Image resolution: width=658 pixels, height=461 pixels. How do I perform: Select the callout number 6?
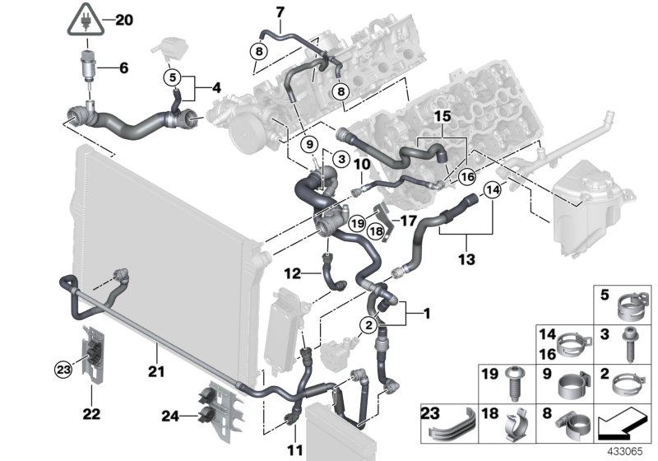pos(123,68)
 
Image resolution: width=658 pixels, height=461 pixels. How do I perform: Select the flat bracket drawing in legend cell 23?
pos(451,425)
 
